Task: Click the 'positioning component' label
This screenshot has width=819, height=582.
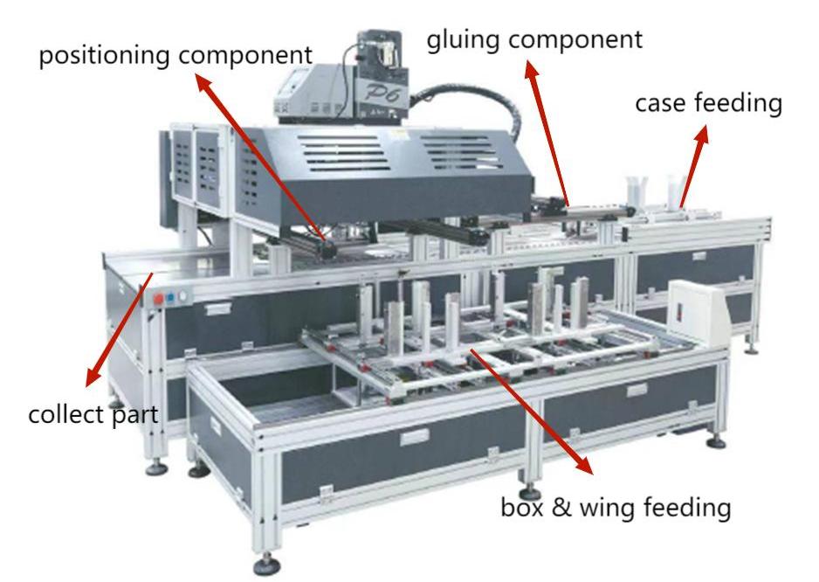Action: [175, 56]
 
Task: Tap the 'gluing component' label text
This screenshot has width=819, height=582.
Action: [533, 38]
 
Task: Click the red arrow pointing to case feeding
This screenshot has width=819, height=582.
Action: [692, 170]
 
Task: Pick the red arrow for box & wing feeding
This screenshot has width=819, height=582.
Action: [533, 411]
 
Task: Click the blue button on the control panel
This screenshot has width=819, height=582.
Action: [171, 297]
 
